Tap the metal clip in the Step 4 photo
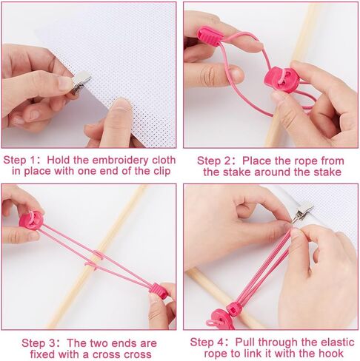(x=302, y=212)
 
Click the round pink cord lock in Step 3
(x=31, y=220)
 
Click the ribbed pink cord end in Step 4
(x=234, y=309)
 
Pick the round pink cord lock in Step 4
(x=219, y=320)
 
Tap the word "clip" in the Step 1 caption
(x=161, y=171)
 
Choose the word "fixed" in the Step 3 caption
(x=42, y=354)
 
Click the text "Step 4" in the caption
(x=207, y=343)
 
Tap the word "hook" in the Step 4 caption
(x=331, y=354)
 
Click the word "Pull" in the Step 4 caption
(x=245, y=343)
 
